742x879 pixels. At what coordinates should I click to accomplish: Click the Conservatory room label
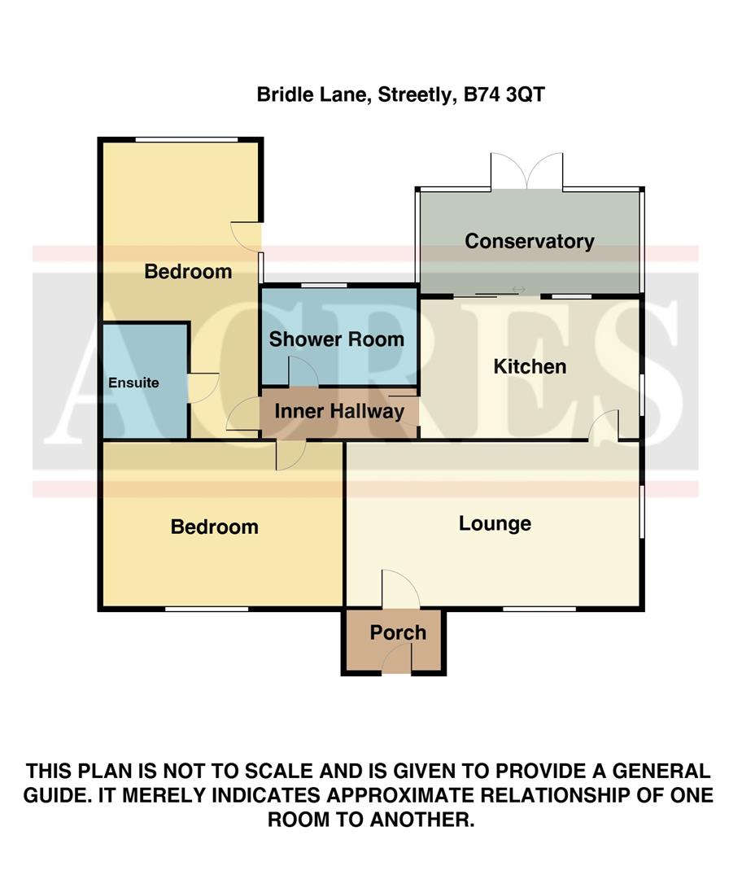point(529,241)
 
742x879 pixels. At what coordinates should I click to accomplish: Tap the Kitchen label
point(530,366)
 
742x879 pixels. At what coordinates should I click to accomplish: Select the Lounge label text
point(495,523)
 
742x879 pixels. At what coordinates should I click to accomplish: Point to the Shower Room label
point(336,339)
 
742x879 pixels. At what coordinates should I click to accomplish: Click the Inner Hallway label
point(339,411)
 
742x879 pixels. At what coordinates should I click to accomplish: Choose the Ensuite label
point(134,382)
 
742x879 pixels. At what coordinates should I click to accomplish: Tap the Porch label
point(398,632)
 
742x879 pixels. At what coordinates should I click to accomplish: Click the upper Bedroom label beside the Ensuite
point(188,271)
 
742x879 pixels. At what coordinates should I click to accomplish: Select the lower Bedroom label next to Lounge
point(214,527)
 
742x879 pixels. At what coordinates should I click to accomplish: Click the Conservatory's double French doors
point(526,172)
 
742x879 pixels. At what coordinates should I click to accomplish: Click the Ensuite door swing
point(203,388)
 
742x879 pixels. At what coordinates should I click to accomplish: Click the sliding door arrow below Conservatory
point(518,290)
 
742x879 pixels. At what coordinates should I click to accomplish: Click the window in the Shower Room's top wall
point(325,285)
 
